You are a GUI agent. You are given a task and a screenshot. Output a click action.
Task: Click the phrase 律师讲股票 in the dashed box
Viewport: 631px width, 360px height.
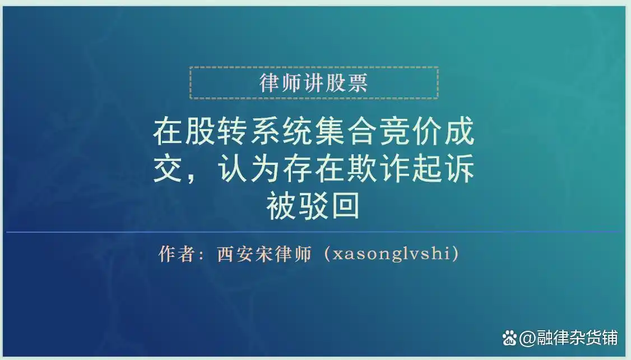[314, 83]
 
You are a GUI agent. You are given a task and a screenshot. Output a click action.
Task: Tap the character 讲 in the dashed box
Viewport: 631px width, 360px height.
[314, 83]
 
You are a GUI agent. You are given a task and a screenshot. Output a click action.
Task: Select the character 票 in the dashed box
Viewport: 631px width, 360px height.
[358, 83]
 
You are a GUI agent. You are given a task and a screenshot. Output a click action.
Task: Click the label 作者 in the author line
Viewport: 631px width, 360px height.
[177, 254]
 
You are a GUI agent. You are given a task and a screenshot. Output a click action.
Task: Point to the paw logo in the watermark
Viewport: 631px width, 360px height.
[509, 338]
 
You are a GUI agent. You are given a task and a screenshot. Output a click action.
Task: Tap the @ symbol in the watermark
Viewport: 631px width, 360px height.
[527, 338]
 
